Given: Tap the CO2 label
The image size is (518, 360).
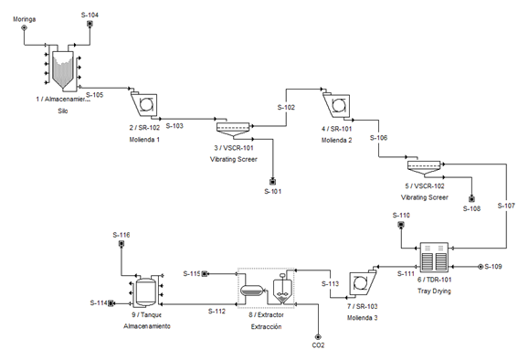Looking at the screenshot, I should [x=318, y=344].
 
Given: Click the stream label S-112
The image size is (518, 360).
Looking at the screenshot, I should [x=216, y=311].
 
